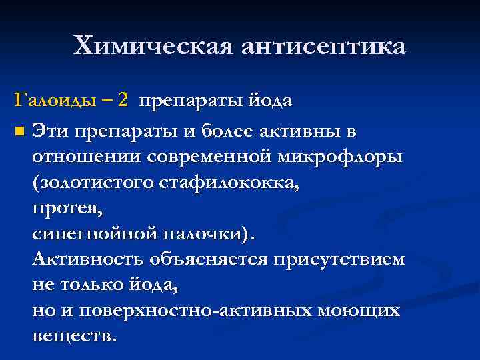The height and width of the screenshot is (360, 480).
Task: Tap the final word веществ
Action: click(74, 335)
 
